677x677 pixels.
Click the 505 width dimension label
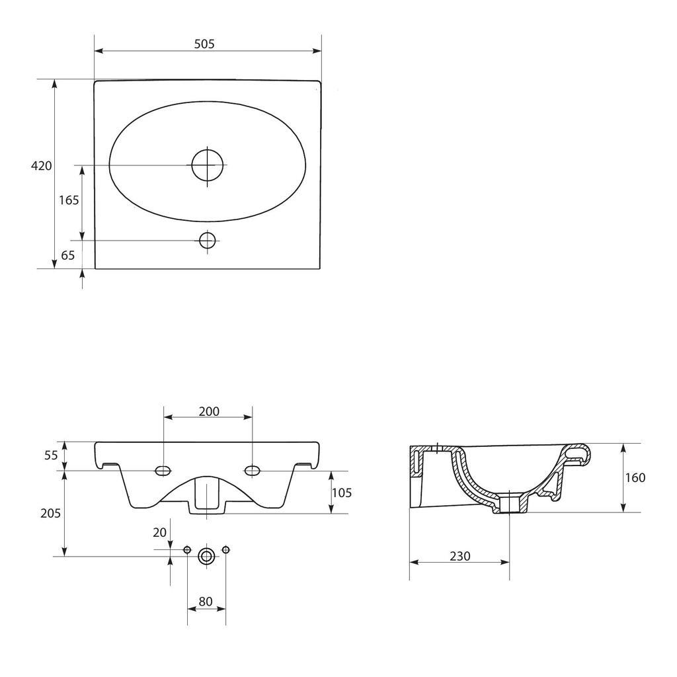point(204,44)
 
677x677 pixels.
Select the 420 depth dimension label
point(42,166)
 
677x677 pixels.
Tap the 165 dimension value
point(69,200)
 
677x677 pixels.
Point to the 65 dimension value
point(67,256)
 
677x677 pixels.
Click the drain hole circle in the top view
point(207,165)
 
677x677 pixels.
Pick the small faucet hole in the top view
point(208,240)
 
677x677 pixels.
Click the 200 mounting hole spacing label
point(209,411)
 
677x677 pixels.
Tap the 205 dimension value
point(50,514)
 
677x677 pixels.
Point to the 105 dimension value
point(341,493)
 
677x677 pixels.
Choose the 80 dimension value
point(206,602)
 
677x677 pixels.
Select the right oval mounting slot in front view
point(252,470)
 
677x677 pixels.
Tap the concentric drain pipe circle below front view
point(206,556)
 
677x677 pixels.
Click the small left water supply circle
point(187,550)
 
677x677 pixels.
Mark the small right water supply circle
point(226,550)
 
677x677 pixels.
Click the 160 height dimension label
point(635,477)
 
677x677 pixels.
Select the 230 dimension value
point(459,556)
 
